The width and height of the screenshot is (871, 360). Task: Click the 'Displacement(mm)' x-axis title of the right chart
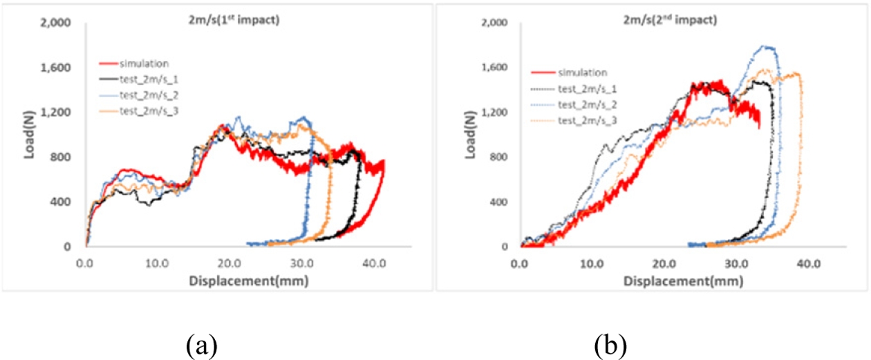(683, 281)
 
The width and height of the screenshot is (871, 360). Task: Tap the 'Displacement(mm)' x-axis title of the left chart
(248, 281)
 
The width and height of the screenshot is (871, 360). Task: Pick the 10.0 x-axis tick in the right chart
(591, 263)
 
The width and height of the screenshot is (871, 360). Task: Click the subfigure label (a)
(203, 343)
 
